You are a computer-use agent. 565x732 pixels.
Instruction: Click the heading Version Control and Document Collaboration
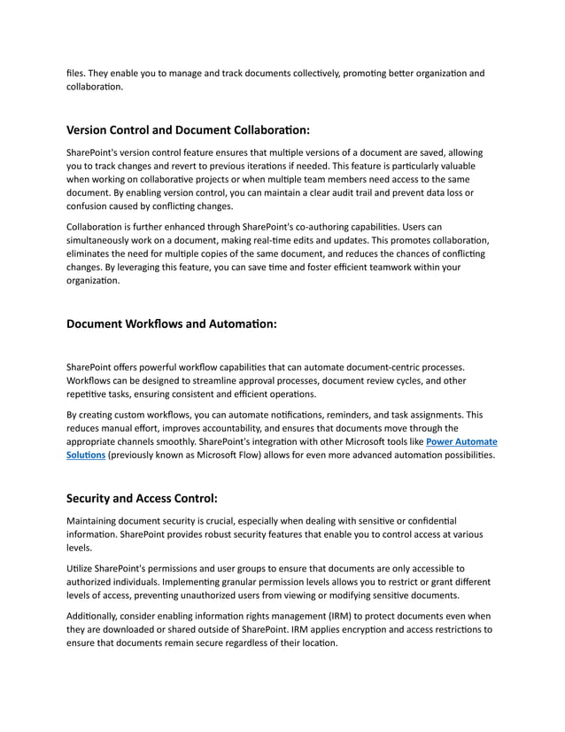point(189,129)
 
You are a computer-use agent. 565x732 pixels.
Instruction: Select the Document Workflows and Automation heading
point(172,323)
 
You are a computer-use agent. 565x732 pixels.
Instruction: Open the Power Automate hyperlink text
point(461,440)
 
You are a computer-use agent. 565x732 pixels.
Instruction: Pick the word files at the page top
point(78,73)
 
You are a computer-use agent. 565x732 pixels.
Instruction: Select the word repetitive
point(93,393)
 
